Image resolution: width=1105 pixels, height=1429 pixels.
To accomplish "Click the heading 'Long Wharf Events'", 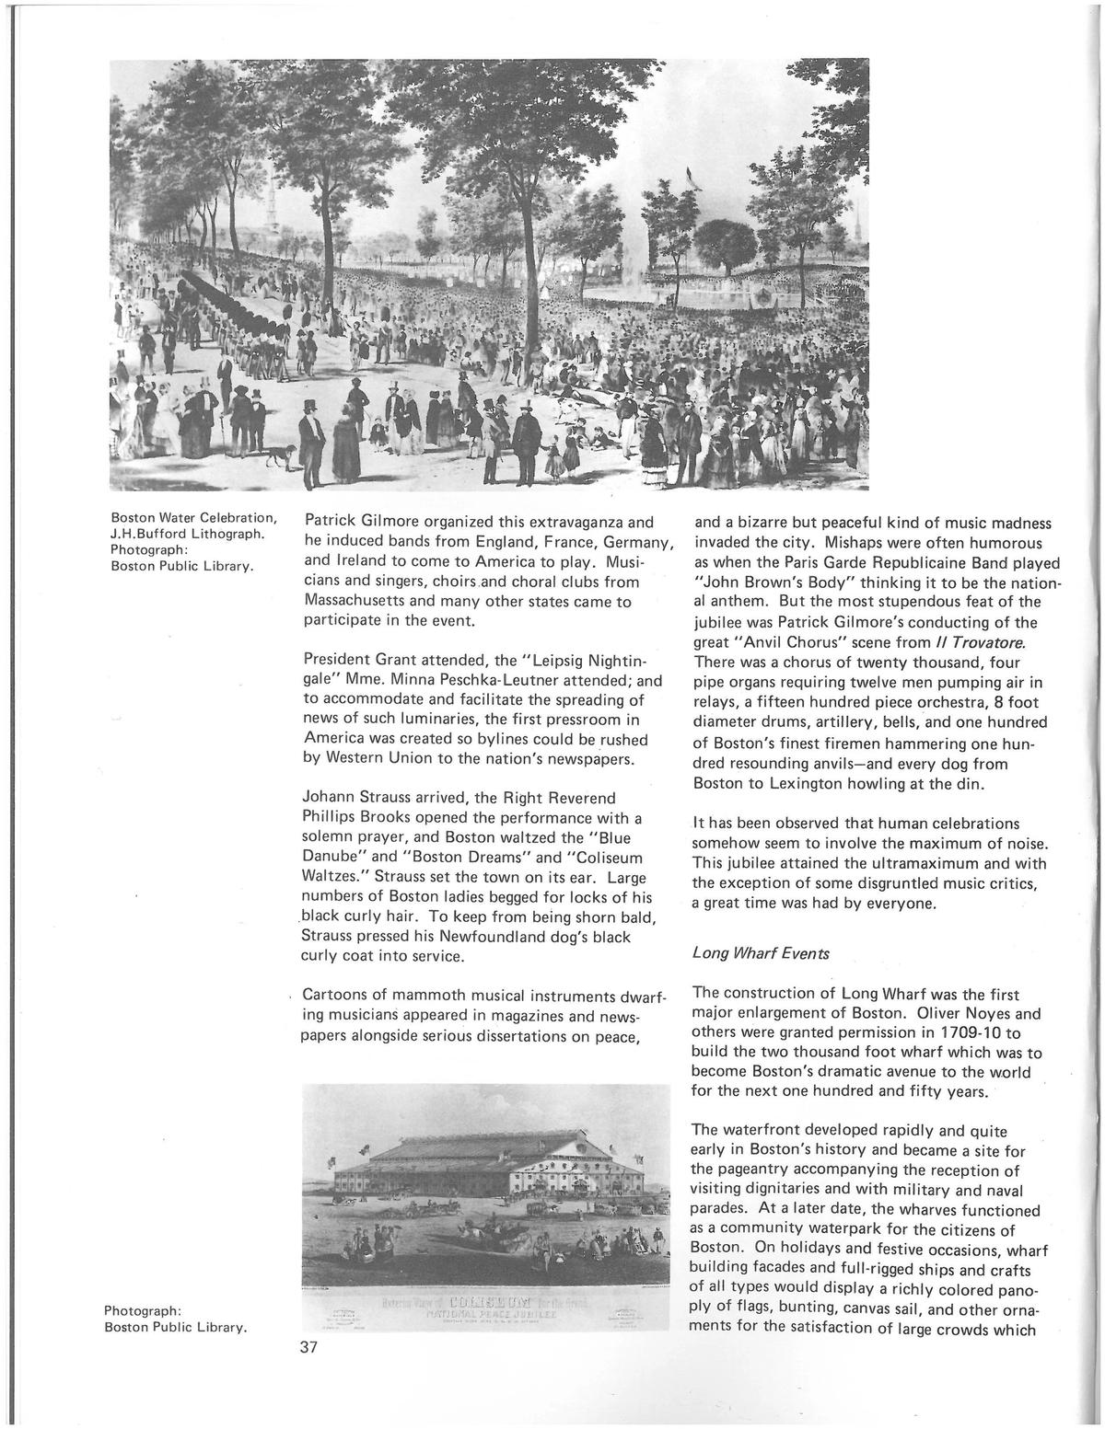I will pos(760,953).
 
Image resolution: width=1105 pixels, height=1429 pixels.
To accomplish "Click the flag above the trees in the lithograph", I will pos(690,172).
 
